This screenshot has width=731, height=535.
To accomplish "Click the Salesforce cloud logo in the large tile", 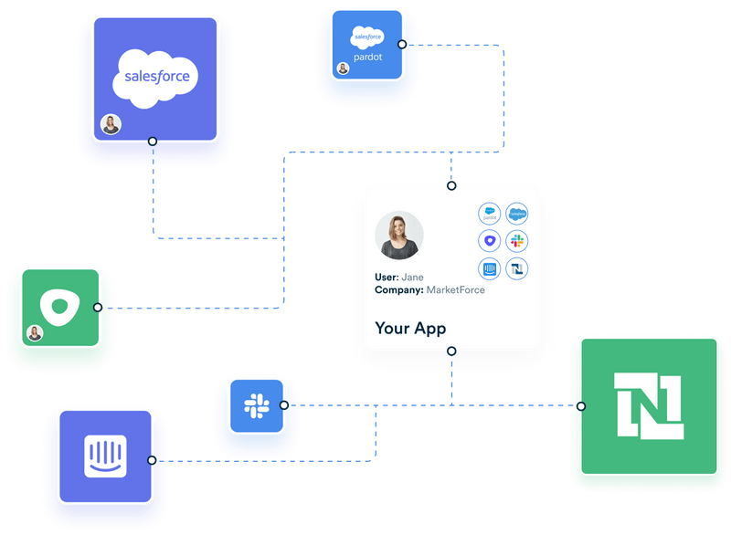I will (155, 75).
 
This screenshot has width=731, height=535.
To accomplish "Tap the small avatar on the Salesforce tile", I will (111, 124).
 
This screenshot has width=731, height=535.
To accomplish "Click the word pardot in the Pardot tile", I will (367, 57).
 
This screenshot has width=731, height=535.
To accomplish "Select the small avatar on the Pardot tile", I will (343, 68).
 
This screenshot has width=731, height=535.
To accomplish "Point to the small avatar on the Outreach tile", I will (35, 333).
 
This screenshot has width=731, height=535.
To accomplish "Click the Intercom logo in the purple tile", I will (105, 455).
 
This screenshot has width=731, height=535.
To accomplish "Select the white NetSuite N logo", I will (649, 405).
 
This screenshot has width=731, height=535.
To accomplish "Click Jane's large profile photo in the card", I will (399, 236).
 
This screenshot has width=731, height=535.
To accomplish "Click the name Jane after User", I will (413, 278).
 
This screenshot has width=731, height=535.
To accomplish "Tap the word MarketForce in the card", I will (456, 290).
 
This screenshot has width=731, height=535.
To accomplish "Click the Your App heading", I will (410, 328).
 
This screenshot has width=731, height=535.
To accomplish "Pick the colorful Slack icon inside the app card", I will (517, 241).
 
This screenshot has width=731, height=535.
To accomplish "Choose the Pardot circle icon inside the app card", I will (490, 214).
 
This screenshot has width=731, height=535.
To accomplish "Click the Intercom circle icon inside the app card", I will (490, 268).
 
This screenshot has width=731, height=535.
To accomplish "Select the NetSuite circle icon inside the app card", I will (517, 268).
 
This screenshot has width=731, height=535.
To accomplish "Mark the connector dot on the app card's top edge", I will (451, 186).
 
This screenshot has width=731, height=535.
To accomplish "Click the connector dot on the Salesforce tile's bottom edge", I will (153, 142).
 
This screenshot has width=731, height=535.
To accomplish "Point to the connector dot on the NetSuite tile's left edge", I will (581, 405).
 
